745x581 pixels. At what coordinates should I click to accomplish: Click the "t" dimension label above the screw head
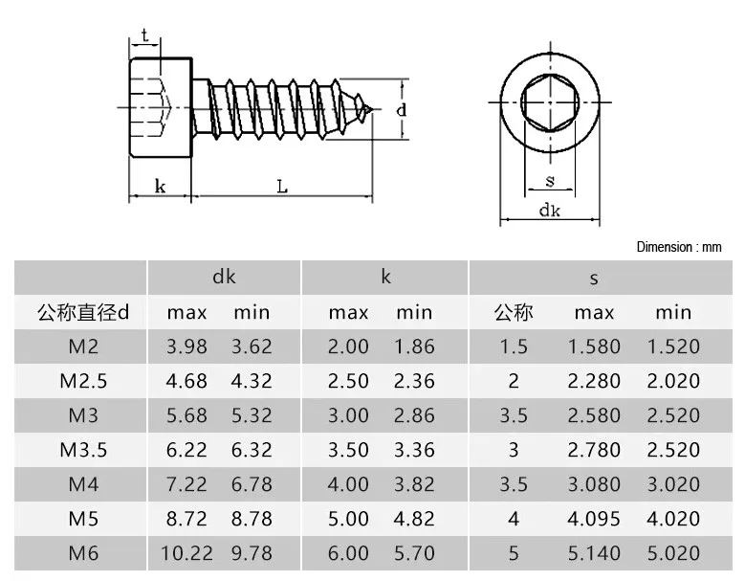pyautogui.click(x=144, y=35)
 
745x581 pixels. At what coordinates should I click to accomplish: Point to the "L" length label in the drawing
pyautogui.click(x=282, y=187)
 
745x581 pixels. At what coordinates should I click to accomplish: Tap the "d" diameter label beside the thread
pyautogui.click(x=402, y=110)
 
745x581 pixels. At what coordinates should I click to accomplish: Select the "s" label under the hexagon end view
pyautogui.click(x=550, y=181)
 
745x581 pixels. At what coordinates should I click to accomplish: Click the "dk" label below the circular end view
pyautogui.click(x=550, y=211)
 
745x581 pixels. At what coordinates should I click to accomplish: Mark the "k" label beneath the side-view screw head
pyautogui.click(x=160, y=186)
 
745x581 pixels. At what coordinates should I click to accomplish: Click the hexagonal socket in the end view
pyautogui.click(x=550, y=102)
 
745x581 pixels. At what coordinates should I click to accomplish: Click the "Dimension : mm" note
pyautogui.click(x=679, y=247)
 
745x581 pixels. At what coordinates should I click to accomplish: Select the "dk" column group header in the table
pyautogui.click(x=224, y=277)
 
